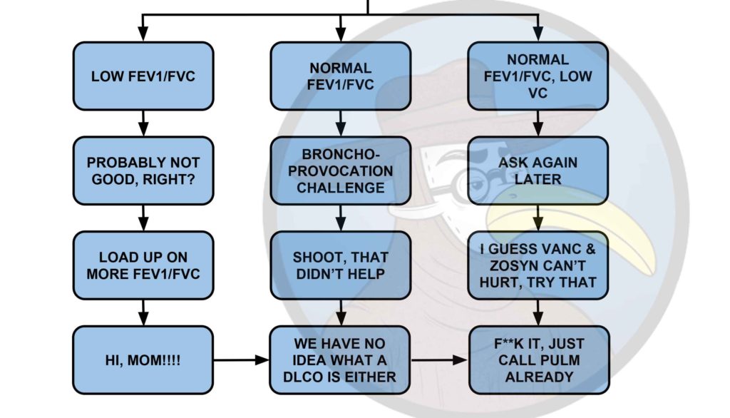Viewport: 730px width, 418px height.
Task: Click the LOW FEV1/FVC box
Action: pos(143,76)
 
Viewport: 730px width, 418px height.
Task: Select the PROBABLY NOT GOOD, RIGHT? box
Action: pos(143,170)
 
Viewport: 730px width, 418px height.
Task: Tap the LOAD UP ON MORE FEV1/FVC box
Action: pos(143,265)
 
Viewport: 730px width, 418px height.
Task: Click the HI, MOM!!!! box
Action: pos(143,360)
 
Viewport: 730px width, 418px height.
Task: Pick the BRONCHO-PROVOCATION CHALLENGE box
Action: pos(340,170)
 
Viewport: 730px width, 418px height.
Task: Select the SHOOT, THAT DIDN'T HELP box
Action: pos(340,265)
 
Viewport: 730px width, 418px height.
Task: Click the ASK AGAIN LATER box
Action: pos(538,170)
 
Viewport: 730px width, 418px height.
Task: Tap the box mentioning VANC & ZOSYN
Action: pos(538,265)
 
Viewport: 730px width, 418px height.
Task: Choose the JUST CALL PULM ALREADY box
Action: pos(538,360)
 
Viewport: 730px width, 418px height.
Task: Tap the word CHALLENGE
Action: pos(340,188)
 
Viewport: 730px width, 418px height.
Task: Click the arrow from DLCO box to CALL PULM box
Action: pos(438,360)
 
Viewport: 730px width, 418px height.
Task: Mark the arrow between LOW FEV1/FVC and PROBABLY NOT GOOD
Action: pos(143,123)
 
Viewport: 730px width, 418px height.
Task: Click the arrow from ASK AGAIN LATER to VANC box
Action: pos(538,218)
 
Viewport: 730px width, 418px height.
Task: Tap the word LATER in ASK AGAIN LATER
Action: pos(538,180)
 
